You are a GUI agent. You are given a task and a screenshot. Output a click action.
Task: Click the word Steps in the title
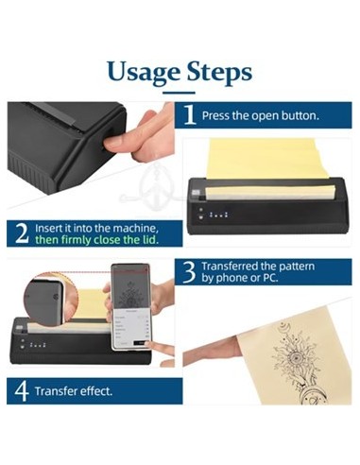tap(219, 72)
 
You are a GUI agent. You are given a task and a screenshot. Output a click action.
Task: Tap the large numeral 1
tap(189, 115)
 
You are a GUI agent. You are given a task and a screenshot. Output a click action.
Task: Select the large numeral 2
tap(22, 233)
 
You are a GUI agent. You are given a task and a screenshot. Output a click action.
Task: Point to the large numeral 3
tap(189, 272)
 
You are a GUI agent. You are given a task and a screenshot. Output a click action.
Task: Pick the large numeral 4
tap(22, 391)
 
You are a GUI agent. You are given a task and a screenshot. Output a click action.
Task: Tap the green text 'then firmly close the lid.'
tap(96, 240)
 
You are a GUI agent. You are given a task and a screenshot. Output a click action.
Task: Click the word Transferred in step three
tap(229, 267)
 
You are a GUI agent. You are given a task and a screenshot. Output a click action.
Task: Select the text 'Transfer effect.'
tap(74, 391)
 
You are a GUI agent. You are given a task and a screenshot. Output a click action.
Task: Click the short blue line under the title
tap(180, 93)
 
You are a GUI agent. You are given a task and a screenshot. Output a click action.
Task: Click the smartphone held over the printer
tap(131, 307)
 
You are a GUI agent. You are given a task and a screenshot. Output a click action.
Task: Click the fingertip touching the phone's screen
tap(151, 344)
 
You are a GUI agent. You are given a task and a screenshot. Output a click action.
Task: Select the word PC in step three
tap(270, 278)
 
